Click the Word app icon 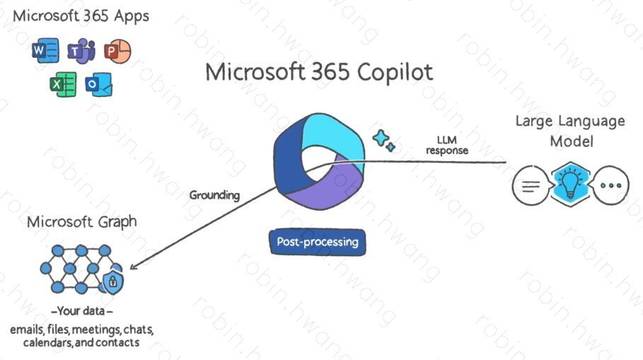pos(45,52)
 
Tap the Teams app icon pos(81,51)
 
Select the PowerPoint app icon pos(117,51)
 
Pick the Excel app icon pos(63,84)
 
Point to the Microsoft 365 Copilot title pos(319,72)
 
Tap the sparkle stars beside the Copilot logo pos(383,140)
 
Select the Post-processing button pos(318,242)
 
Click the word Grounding pos(214,194)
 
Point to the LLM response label pos(446,145)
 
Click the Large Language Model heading pos(569,131)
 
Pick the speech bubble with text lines pos(530,185)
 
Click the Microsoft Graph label pos(82,222)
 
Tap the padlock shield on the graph pos(112,282)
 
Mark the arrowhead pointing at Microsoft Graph pos(134,266)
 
